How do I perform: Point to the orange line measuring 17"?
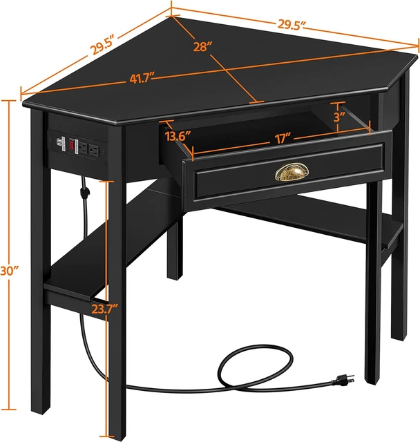coord(276,147)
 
